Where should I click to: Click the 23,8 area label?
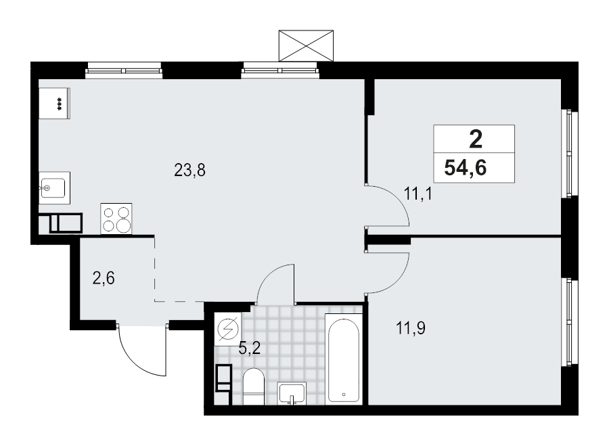(x=189, y=171)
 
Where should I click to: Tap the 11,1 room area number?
(x=418, y=195)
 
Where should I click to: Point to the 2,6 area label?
(x=103, y=278)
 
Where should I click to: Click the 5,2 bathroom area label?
(x=250, y=349)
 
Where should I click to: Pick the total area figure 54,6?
(x=466, y=168)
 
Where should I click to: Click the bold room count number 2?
(x=475, y=140)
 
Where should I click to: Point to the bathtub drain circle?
(x=344, y=393)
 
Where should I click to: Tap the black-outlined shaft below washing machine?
(x=223, y=378)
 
